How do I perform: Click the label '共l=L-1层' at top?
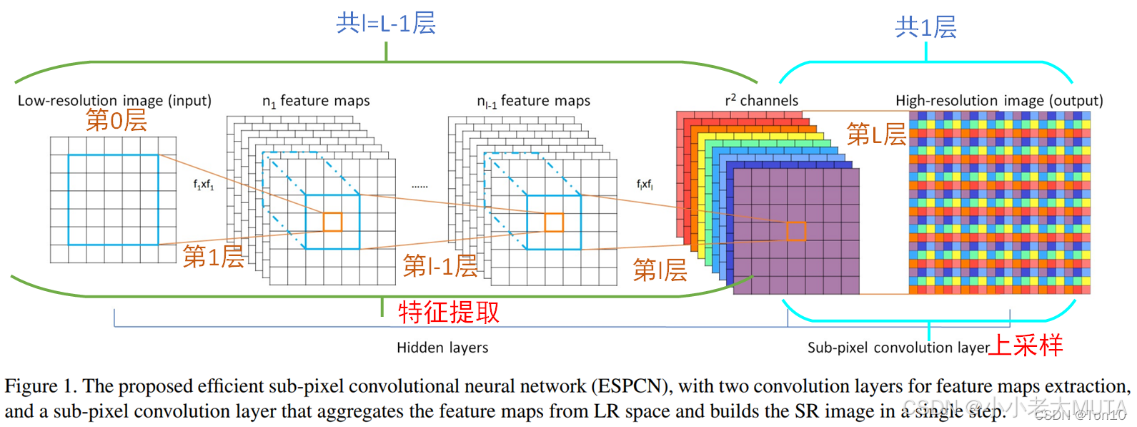pyautogui.click(x=386, y=24)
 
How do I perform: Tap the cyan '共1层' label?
pyautogui.click(x=925, y=27)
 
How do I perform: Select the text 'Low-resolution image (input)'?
pyautogui.click(x=114, y=101)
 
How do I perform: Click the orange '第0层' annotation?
pyautogui.click(x=116, y=120)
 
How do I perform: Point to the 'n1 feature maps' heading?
pyautogui.click(x=316, y=102)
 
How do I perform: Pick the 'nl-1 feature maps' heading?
pyautogui.click(x=533, y=102)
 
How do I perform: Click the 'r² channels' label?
pyautogui.click(x=761, y=101)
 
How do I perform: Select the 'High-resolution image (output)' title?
pyautogui.click(x=999, y=101)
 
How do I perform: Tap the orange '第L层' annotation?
pyautogui.click(x=876, y=134)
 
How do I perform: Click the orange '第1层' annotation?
pyautogui.click(x=213, y=256)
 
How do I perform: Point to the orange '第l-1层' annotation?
pyautogui.click(x=440, y=266)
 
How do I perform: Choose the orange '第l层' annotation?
pyautogui.click(x=660, y=270)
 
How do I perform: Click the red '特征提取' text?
pyautogui.click(x=449, y=312)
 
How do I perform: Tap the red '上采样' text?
pyautogui.click(x=1026, y=345)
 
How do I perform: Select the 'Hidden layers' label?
pyautogui.click(x=442, y=348)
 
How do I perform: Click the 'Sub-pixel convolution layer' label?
pyautogui.click(x=898, y=348)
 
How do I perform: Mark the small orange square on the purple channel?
pyautogui.click(x=795, y=231)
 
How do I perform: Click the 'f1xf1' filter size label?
pyautogui.click(x=204, y=185)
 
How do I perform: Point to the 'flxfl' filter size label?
pyautogui.click(x=645, y=185)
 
